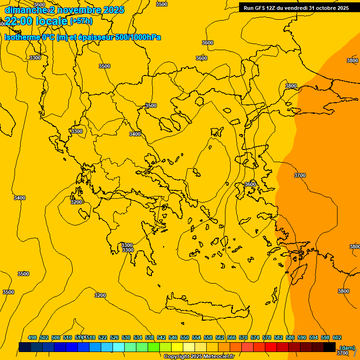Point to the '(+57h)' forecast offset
81,21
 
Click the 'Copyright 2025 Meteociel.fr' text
199,357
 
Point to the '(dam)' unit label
346,348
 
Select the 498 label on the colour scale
32,337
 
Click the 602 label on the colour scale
337,337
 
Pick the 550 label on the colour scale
185,337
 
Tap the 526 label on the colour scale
114,337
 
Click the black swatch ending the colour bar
330,347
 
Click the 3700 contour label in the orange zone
300,175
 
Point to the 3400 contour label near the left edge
20,198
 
